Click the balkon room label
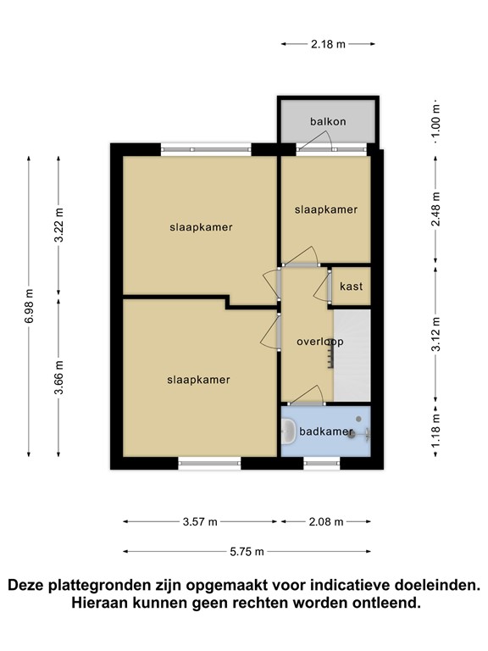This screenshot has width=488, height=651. point(328,122)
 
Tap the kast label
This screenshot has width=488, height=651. point(351,286)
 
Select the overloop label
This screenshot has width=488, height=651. point(320,342)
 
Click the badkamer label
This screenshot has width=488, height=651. point(325,431)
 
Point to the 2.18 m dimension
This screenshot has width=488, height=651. point(328,44)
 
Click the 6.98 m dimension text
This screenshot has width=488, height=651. point(29,306)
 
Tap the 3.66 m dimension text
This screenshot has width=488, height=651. point(58,378)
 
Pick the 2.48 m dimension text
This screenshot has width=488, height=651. point(435,209)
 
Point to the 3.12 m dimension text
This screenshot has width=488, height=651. point(435,334)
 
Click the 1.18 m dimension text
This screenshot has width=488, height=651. point(435,431)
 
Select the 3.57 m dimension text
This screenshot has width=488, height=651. point(200,522)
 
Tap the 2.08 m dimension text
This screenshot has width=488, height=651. point(326,522)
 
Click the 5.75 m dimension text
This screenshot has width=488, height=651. point(247,552)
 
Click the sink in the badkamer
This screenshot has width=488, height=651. point(288,431)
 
